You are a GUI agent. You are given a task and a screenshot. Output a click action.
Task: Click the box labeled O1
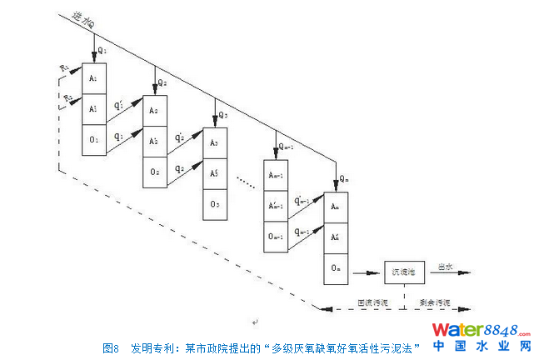pyautogui.click(x=94, y=137)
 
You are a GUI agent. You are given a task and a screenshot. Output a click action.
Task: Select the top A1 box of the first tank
pyautogui.click(x=94, y=77)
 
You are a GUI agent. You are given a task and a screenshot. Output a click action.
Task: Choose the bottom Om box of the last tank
pyautogui.click(x=336, y=267)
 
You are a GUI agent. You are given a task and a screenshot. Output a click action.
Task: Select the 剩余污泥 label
pyautogui.click(x=434, y=302)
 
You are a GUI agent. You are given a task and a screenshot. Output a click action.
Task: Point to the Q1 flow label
pyautogui.click(x=103, y=49)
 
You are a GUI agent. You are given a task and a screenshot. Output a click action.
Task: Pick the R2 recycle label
pyautogui.click(x=68, y=97)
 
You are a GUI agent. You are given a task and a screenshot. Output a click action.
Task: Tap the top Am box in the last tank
pyautogui.click(x=336, y=205)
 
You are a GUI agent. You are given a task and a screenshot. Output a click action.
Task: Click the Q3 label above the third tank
pyautogui.click(x=222, y=114)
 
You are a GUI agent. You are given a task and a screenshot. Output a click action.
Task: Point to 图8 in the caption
pyautogui.click(x=112, y=347)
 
